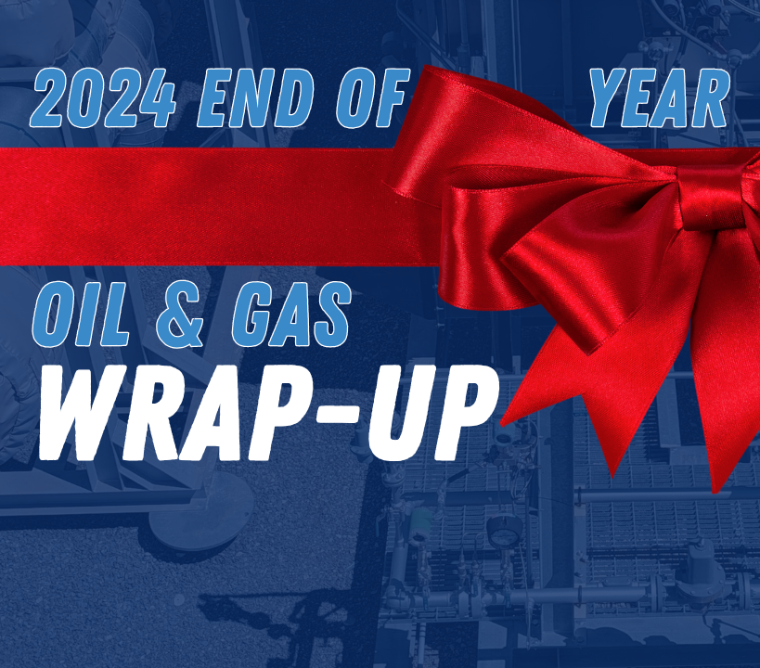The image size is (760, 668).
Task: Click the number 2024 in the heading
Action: click(103, 98)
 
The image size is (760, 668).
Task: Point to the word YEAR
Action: click(659, 98)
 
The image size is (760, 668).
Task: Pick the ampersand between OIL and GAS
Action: click(181, 315)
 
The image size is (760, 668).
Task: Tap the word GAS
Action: click(290, 315)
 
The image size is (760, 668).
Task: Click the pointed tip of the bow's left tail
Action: click(501, 425)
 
